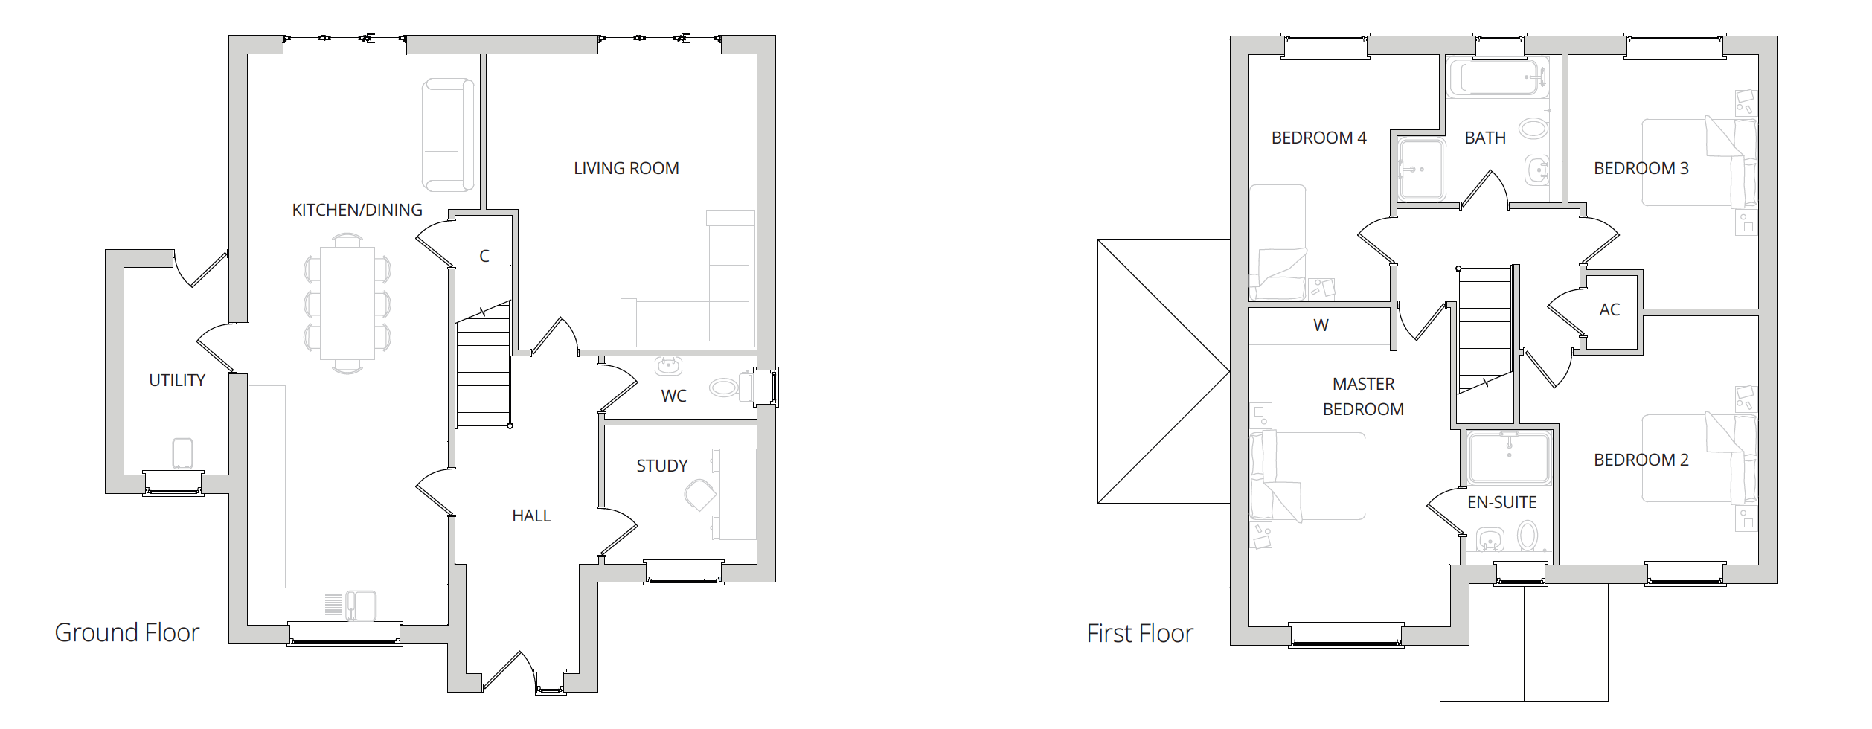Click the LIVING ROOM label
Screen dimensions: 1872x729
626,169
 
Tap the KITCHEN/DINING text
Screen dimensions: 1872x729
357,211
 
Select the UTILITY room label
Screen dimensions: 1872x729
177,381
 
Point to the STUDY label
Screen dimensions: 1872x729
662,466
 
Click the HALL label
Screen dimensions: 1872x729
531,516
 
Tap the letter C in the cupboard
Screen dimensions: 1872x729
484,257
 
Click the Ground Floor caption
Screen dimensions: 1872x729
127,633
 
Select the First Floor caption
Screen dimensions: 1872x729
1140,634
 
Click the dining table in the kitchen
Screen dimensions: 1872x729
347,304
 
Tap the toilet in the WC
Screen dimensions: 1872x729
732,387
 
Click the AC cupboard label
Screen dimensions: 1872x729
1609,310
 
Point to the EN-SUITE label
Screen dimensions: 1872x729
1502,503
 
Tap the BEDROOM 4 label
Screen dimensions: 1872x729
1319,138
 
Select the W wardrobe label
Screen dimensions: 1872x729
1321,326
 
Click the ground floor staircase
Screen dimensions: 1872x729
483,364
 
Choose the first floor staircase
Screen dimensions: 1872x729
1485,330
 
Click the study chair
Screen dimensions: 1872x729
700,495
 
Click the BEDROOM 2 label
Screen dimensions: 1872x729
1641,460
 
